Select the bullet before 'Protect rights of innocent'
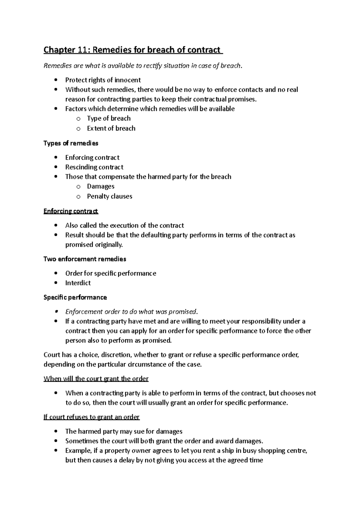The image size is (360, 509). (x=56, y=80)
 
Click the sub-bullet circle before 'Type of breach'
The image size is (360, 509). (x=78, y=119)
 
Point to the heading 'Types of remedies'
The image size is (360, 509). (x=71, y=143)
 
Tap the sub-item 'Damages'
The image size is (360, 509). (x=100, y=186)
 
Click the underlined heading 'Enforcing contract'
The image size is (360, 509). (x=71, y=211)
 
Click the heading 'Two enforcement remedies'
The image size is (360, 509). (x=85, y=259)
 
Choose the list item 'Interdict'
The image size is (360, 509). (x=78, y=283)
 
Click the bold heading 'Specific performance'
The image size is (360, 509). (x=75, y=297)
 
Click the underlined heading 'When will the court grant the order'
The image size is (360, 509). (x=96, y=379)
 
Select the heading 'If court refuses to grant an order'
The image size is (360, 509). (x=91, y=417)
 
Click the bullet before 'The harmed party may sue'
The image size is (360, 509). (x=56, y=432)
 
